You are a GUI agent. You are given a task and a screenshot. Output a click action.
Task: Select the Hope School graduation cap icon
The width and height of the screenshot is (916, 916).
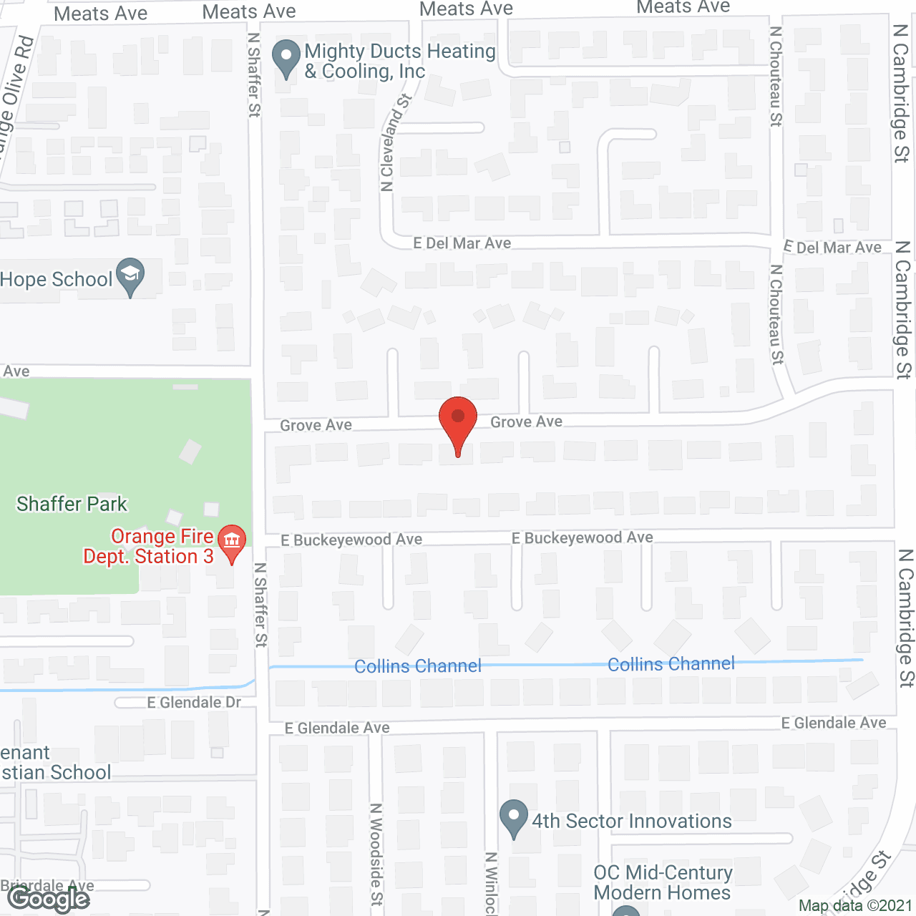coord(130,275)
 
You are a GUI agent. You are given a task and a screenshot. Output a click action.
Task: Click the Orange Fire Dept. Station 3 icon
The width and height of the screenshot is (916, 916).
coord(232,542)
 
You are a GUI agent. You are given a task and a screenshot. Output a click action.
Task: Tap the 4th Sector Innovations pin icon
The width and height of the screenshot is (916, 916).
coord(513,817)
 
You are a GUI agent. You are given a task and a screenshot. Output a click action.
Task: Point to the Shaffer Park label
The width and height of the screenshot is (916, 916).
coord(72,505)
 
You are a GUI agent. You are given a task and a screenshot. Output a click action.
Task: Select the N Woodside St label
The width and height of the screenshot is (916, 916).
coord(376,854)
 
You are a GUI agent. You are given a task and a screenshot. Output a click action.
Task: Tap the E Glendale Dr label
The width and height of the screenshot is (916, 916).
coord(194,703)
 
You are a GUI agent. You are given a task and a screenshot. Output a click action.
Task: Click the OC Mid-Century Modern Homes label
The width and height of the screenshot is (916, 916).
coord(663,883)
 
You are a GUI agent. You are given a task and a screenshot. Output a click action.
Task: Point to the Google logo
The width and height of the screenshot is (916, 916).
coord(49,899)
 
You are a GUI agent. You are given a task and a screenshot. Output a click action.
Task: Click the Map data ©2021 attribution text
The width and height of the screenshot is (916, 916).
coord(855,906)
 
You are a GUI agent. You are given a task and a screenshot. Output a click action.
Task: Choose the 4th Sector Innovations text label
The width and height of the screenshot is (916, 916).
coord(632,822)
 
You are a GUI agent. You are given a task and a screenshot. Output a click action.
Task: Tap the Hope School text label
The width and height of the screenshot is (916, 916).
coord(57,280)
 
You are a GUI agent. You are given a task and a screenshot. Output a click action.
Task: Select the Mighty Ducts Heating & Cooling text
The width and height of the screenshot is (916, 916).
coord(399,62)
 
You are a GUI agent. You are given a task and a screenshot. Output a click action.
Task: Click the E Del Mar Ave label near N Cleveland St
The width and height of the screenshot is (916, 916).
coord(462,243)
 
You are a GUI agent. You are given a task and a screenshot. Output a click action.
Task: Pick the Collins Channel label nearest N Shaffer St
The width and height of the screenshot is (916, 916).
coord(418,666)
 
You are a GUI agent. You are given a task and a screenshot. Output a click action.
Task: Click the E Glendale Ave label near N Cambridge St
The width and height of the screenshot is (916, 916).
coord(834,723)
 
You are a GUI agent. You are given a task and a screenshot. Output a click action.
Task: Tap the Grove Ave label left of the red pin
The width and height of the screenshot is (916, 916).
coord(316,426)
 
